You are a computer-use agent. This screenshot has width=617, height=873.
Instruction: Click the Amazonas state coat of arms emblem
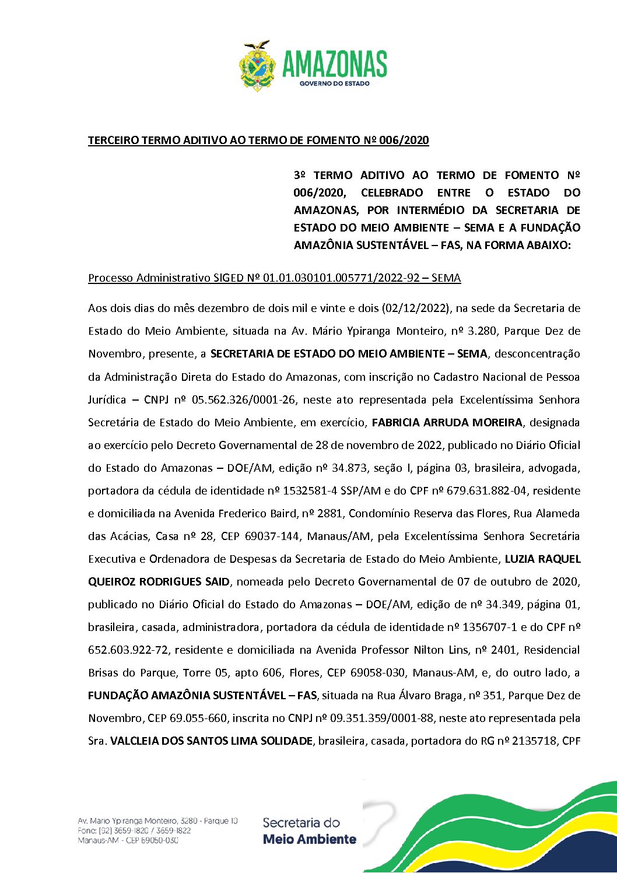(x=257, y=66)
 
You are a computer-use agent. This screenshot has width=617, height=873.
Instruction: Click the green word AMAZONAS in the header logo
(x=335, y=64)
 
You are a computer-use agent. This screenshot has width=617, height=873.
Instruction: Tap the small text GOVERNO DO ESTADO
(x=335, y=83)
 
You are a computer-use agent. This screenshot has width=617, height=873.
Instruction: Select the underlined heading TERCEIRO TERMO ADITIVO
(x=258, y=141)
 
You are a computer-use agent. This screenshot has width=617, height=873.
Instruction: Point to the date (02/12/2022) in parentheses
(x=416, y=308)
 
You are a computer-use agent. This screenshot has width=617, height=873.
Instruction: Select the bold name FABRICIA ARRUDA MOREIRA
(x=447, y=423)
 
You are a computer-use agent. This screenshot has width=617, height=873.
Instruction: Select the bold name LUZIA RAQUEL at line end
(x=542, y=559)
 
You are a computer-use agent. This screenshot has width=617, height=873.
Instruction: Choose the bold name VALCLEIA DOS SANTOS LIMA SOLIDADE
(x=211, y=741)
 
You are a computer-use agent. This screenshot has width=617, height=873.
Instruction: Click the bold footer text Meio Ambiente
(x=309, y=840)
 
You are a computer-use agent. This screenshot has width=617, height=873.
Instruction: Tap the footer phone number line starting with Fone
(x=134, y=830)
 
